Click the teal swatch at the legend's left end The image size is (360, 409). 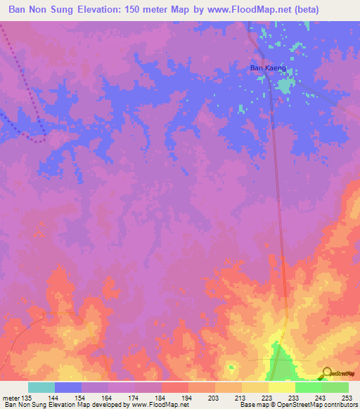pyautogui.click(x=41, y=387)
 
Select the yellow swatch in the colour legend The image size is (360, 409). pyautogui.click(x=282, y=387)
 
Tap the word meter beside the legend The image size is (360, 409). pyautogui.click(x=11, y=397)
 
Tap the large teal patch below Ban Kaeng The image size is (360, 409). pyautogui.click(x=284, y=86)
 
